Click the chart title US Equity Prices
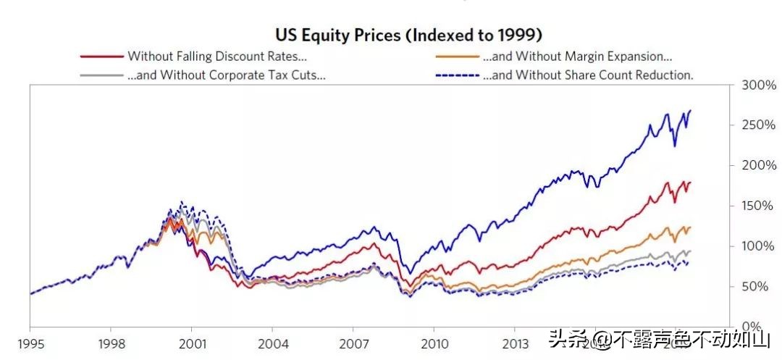409,34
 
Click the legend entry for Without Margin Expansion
577,56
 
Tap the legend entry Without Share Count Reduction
587,75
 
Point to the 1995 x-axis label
30,343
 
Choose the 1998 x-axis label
110,343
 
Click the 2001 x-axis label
191,343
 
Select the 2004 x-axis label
272,343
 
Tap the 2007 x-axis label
353,343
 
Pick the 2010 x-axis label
433,343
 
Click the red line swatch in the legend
101,56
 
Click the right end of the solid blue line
691,111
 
